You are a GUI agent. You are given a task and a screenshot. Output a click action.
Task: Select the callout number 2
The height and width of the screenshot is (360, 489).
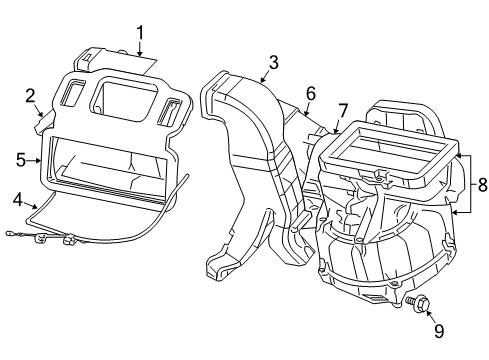[30, 95]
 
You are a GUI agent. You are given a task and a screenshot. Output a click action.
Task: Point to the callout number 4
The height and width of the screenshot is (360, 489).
[18, 200]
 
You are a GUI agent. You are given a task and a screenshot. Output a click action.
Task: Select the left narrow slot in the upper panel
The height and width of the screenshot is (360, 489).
[73, 96]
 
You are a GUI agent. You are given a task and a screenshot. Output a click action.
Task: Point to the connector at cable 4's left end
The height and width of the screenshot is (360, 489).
[36, 236]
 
